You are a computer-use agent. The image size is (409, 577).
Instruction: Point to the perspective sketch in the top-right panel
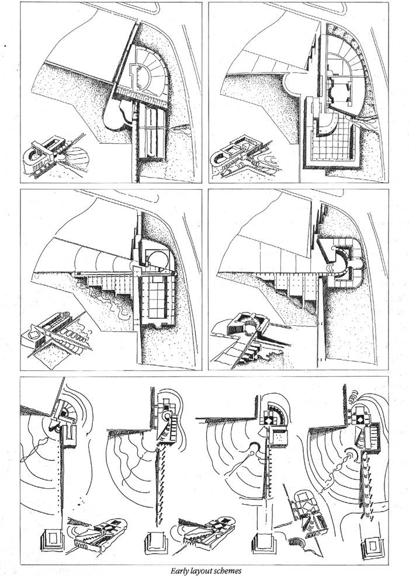point(243,155)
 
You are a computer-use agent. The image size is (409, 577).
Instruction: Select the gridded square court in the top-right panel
point(331,144)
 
